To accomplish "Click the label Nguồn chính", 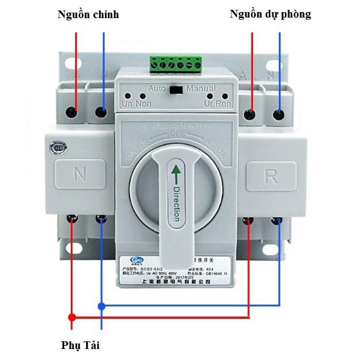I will point(88,14).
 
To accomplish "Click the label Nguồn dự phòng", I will point(270,14).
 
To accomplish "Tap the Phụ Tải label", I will point(80,346).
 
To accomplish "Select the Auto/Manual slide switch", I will point(176,89).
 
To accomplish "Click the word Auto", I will point(157,88).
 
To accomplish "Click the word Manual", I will point(201,88).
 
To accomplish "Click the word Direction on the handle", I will point(176,203).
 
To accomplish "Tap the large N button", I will point(80,175).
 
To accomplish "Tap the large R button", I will point(271,176).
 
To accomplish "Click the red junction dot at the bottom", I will point(71,317).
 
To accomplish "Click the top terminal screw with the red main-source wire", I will point(71,112).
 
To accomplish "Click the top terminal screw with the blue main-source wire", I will point(100,112).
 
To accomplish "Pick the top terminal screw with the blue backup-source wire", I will point(280,114).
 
